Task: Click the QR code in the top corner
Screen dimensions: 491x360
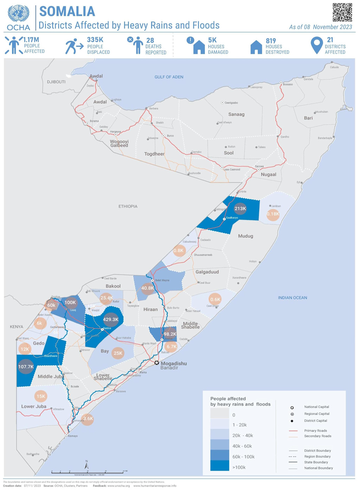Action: pos(342,12)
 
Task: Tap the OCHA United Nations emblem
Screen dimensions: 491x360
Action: pos(18,14)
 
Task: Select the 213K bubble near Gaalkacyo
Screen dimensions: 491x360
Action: pos(240,209)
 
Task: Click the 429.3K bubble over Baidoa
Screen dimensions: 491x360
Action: pos(110,319)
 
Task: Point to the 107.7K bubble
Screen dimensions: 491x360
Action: pos(26,366)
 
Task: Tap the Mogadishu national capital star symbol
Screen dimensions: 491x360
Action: pos(157,363)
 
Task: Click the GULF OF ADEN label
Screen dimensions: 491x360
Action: pos(169,77)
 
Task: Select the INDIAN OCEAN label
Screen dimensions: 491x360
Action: pos(292,298)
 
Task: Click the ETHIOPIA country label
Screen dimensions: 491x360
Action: pos(128,206)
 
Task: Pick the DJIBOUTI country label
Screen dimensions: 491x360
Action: pos(56,82)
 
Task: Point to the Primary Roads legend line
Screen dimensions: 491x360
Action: pos(293,431)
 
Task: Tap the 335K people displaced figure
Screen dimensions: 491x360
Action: pos(95,40)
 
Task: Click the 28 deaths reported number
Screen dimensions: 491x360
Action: pos(150,40)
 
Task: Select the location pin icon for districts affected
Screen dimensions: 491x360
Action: pos(316,45)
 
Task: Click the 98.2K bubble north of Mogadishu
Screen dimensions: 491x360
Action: pos(170,334)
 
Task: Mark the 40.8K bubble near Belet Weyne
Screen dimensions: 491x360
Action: pos(147,288)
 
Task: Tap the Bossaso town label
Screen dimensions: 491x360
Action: pos(288,84)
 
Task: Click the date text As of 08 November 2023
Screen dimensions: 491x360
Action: pos(320,27)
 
